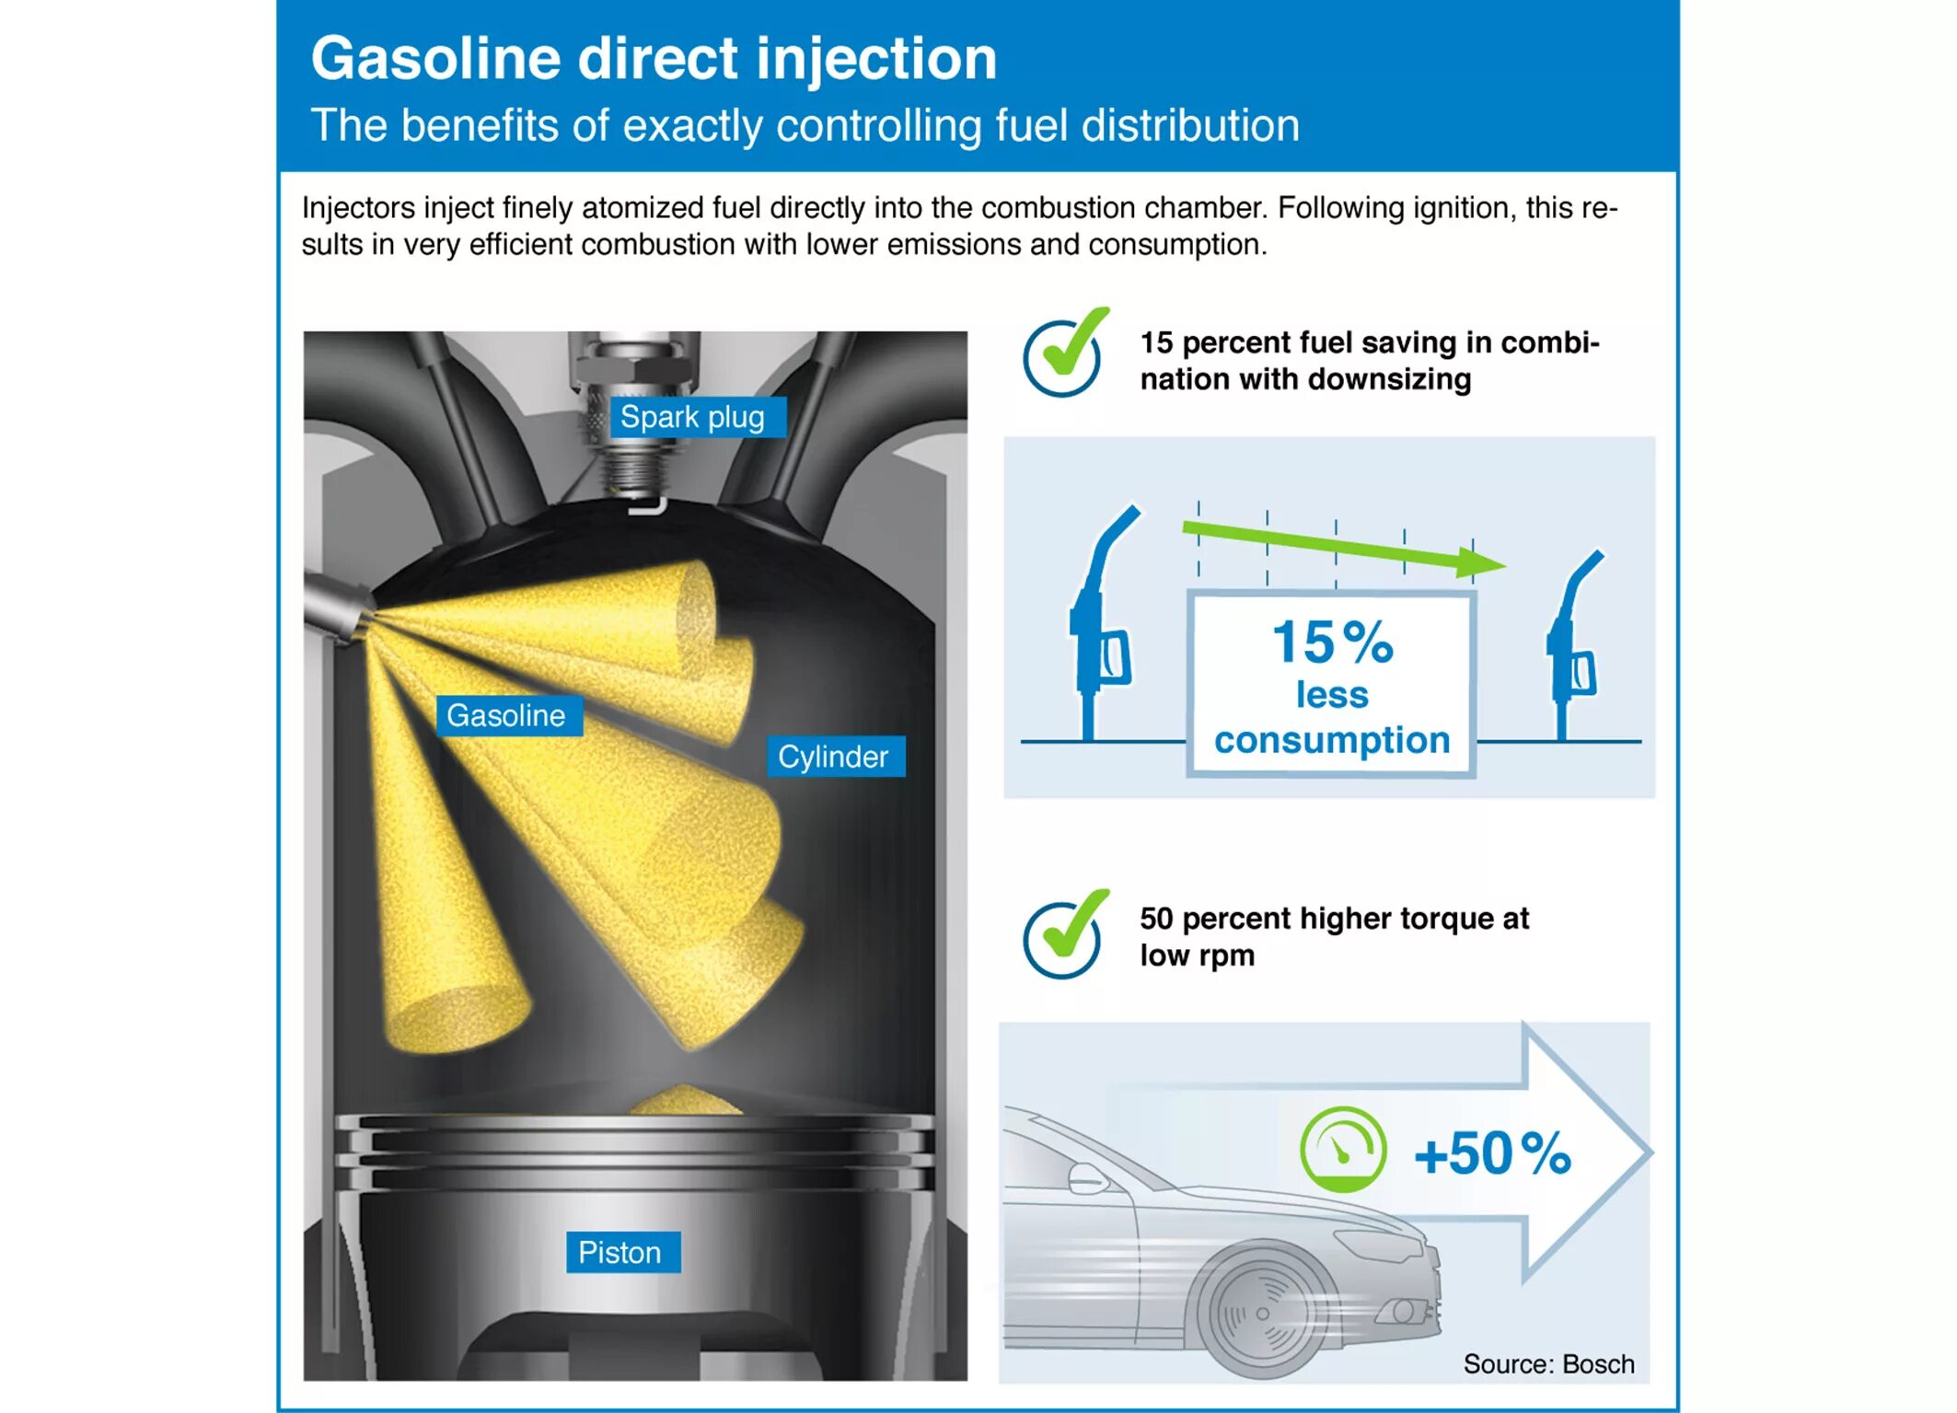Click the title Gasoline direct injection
[654, 59]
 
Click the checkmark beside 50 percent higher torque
[1065, 936]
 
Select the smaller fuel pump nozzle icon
[1574, 644]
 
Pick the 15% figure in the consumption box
[1332, 642]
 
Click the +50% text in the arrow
[1492, 1153]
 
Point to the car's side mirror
[1086, 1176]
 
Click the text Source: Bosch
[1548, 1363]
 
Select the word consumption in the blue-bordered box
[1331, 740]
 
